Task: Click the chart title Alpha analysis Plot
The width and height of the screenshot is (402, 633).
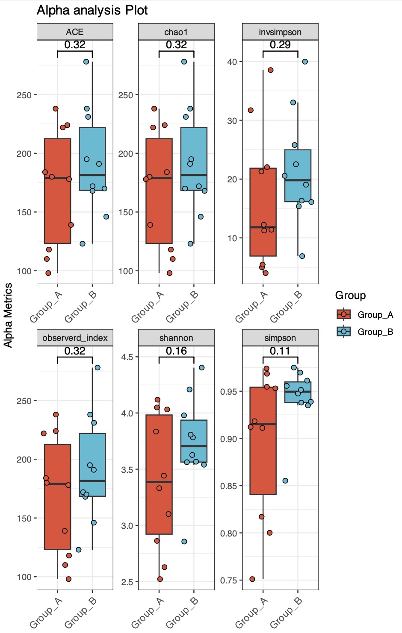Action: tap(92, 10)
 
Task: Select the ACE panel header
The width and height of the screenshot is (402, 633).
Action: tap(75, 32)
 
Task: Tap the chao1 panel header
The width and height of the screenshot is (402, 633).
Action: tap(176, 32)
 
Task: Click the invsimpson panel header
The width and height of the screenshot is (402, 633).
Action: tap(280, 32)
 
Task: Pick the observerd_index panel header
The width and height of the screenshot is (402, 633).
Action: tap(75, 338)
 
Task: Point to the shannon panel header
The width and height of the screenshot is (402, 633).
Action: tap(176, 338)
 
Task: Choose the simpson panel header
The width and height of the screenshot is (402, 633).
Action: tap(280, 338)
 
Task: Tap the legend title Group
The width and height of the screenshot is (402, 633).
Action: tap(350, 295)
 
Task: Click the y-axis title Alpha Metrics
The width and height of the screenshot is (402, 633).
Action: tap(8, 315)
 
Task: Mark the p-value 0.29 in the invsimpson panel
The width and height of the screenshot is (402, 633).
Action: tap(280, 45)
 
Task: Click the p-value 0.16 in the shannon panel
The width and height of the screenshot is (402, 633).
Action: tap(176, 351)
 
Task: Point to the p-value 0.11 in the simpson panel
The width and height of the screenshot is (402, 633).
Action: tap(280, 351)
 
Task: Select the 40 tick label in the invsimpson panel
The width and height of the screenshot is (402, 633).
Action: tap(232, 62)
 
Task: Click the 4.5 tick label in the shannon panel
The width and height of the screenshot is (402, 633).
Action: tap(127, 357)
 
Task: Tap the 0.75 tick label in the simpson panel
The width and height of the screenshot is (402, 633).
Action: tap(228, 580)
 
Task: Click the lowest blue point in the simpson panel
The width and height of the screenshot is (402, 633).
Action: tap(285, 481)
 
